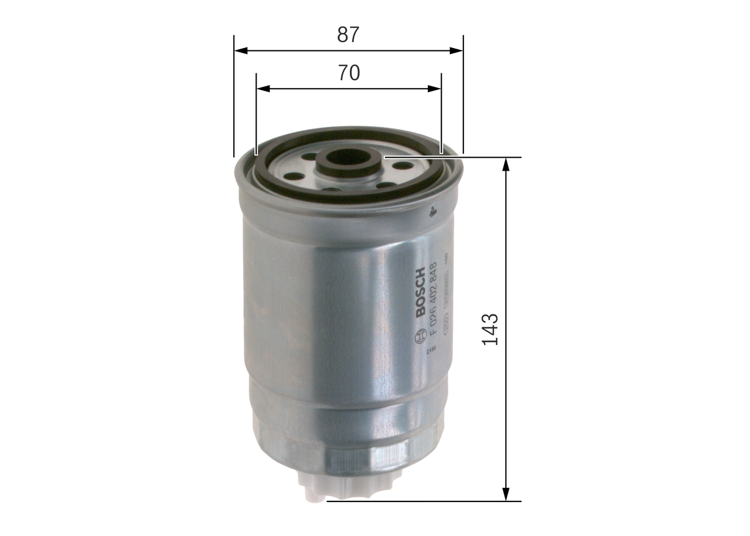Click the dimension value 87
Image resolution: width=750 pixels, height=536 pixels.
(x=347, y=35)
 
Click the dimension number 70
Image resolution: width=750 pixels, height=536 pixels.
(x=349, y=73)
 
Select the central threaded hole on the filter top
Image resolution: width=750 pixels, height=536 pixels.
(x=349, y=157)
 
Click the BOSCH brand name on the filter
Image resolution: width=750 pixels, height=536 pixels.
(x=420, y=293)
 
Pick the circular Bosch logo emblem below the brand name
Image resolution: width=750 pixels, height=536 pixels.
(x=420, y=337)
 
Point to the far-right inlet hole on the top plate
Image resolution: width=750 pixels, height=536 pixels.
(x=401, y=165)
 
